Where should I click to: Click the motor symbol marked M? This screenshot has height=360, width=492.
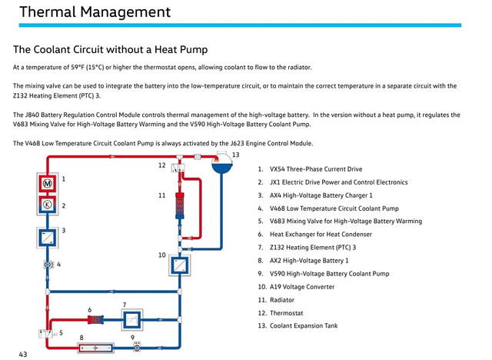click(x=48, y=183)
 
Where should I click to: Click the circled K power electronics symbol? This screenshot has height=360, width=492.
click(x=48, y=205)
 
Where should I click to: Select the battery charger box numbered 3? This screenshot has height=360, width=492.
click(x=48, y=238)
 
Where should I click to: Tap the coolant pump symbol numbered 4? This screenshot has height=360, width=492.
click(x=48, y=265)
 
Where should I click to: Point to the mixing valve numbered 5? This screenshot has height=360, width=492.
click(x=46, y=334)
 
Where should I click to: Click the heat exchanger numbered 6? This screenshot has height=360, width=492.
click(x=95, y=320)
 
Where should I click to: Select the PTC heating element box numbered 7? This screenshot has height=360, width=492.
click(x=132, y=320)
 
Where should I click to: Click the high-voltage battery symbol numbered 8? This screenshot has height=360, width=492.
click(x=95, y=348)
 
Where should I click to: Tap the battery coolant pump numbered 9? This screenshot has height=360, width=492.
click(x=137, y=348)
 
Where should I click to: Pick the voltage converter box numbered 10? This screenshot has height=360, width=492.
click(x=179, y=265)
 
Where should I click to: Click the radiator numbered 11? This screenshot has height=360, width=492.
click(x=180, y=205)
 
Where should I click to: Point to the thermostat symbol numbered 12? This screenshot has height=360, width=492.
click(x=178, y=168)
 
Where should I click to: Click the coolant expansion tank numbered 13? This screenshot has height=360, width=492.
click(x=222, y=162)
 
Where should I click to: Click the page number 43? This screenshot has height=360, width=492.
click(x=23, y=355)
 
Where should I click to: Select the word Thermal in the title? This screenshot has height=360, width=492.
click(x=48, y=12)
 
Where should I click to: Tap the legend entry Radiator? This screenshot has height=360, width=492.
click(x=282, y=300)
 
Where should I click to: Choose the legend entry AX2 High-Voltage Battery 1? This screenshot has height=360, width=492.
click(x=309, y=261)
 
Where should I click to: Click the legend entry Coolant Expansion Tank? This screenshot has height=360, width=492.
click(x=304, y=326)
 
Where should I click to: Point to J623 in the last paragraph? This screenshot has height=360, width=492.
click(x=238, y=143)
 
